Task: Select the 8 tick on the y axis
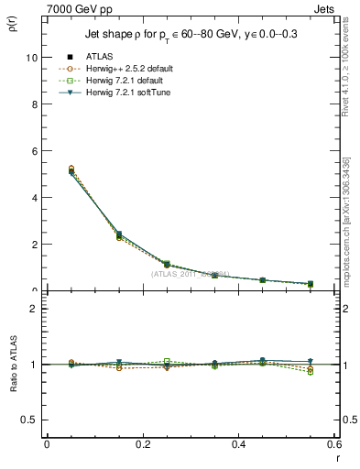tap(32, 104)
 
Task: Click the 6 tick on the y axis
tap(32, 150)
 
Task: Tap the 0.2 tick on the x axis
tap(142, 444)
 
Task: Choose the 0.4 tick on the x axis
tap(238, 444)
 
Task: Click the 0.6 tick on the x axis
tap(333, 444)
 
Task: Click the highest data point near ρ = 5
tap(47, 170)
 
